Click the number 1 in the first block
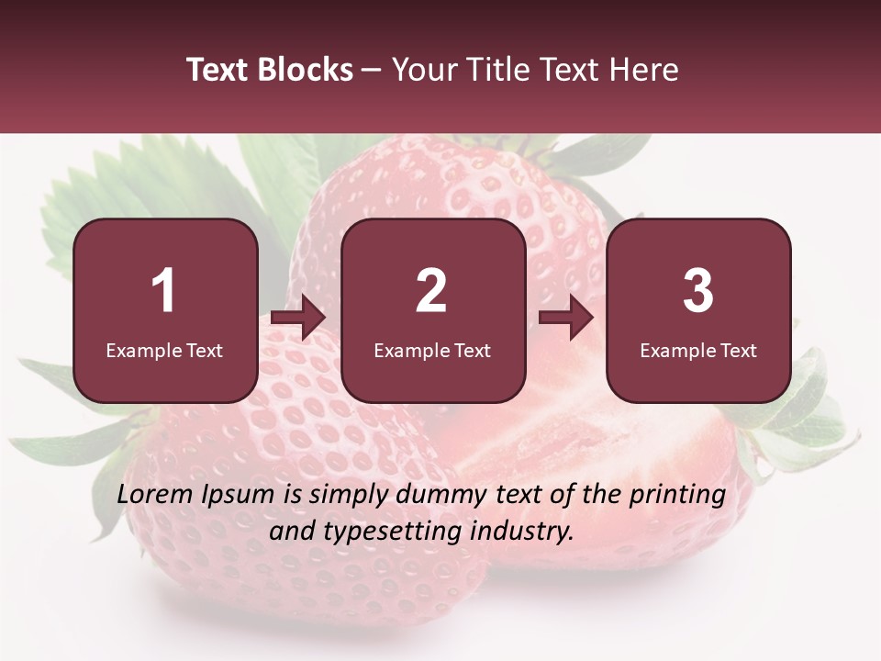click(163, 291)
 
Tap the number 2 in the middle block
click(431, 291)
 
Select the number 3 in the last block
click(698, 291)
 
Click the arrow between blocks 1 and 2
click(298, 319)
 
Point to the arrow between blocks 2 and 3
click(566, 319)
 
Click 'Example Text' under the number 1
click(164, 351)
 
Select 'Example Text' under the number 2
click(432, 351)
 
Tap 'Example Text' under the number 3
click(698, 351)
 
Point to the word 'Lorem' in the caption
click(151, 495)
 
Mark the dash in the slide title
click(372, 71)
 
